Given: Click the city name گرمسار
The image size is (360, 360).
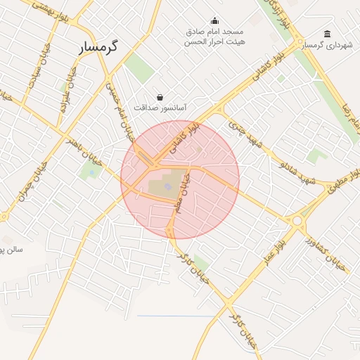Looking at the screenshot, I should (98, 47).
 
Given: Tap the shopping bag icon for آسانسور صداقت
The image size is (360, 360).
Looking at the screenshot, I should (161, 97).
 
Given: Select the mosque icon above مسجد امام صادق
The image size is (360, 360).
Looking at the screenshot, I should (214, 20).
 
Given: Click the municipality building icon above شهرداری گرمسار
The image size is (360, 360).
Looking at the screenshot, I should (328, 34).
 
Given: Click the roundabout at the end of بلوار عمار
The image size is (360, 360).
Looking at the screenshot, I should (297, 221).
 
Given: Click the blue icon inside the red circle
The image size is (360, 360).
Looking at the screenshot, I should (167, 186).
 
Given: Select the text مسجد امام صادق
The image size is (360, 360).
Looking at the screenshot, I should (214, 32).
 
